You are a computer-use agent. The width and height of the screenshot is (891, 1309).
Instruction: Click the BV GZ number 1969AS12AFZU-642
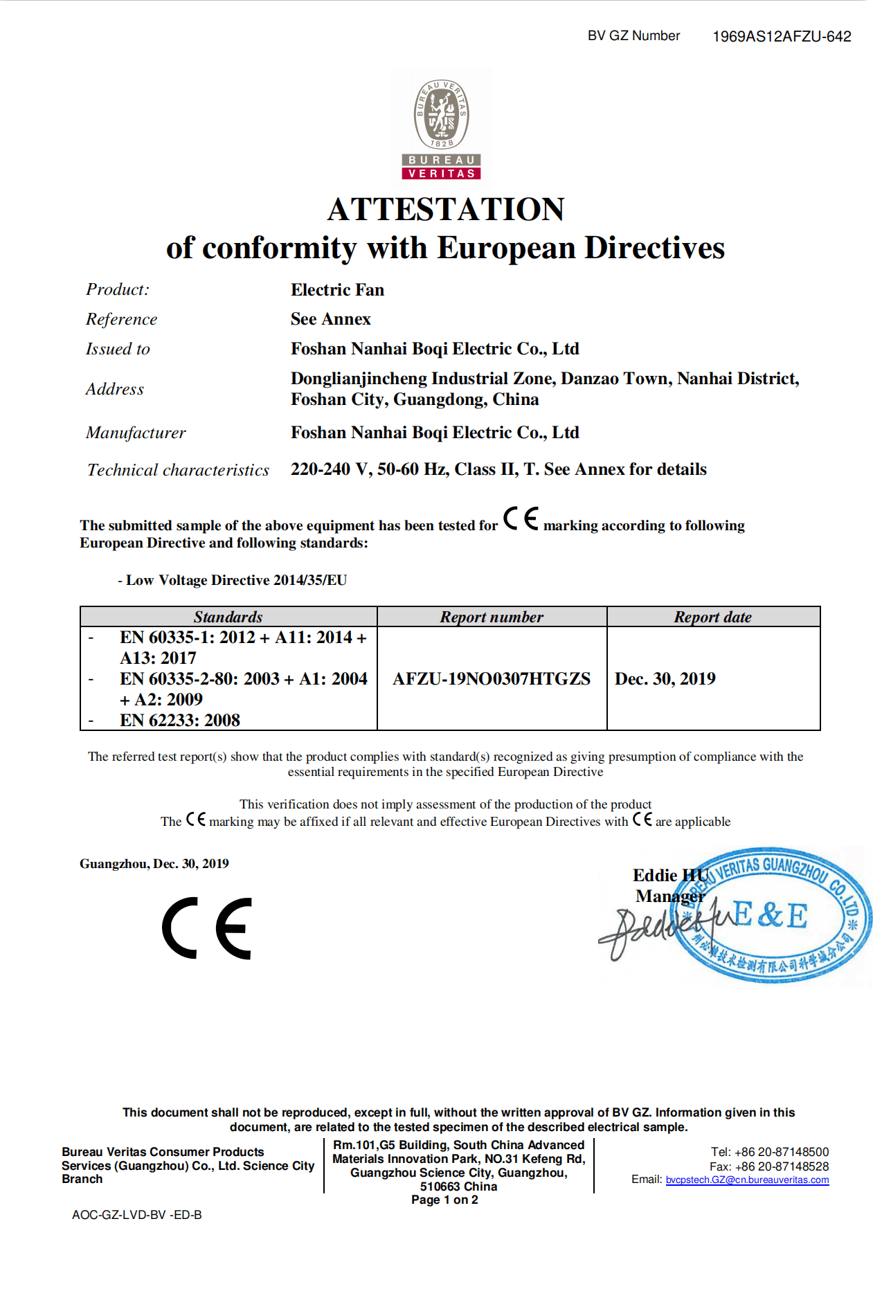point(782,37)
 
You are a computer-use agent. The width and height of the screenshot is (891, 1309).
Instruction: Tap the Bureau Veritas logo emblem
point(442,129)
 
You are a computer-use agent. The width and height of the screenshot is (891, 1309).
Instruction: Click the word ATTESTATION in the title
point(446,209)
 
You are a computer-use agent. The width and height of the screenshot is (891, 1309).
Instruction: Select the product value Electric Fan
point(337,290)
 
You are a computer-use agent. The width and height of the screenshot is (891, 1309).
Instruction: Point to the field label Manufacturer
point(136,433)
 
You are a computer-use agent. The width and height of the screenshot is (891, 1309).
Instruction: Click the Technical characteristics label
point(178,470)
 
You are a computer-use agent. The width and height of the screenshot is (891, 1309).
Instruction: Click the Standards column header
point(228,617)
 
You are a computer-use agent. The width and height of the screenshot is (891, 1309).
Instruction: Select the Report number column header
point(492,617)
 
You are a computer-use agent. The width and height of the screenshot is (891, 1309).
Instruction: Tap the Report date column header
point(712,617)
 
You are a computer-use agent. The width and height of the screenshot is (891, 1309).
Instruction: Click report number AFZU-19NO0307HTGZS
point(492,679)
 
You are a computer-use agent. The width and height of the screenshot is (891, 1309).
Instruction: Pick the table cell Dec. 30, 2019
point(665,679)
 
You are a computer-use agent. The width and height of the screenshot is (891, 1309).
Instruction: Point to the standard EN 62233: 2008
point(180,721)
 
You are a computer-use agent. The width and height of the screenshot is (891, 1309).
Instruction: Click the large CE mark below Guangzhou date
point(207,928)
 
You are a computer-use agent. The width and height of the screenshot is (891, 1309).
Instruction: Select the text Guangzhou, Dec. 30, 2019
point(154,864)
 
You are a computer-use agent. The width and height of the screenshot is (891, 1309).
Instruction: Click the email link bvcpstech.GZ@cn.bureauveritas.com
point(747,1180)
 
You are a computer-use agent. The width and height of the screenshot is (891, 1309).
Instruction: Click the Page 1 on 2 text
point(444,1200)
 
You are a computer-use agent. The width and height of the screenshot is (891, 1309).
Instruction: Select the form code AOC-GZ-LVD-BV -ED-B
point(137,1215)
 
